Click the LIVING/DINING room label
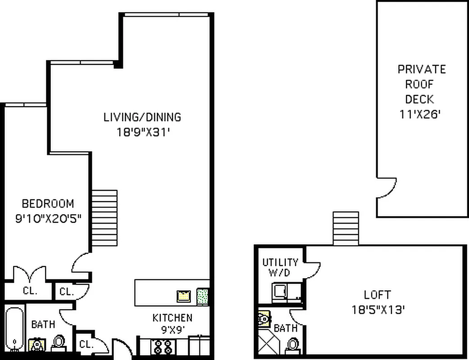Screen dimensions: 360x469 coord(142,117)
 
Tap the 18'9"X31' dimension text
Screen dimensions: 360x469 coord(142,133)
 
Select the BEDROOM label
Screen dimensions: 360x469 coord(48,203)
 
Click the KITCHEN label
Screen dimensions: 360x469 coord(172,318)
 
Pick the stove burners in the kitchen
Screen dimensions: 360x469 coord(162,347)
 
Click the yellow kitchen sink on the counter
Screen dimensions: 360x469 coord(184,296)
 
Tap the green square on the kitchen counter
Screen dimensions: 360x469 coord(203,296)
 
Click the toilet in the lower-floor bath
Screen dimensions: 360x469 coord(59,343)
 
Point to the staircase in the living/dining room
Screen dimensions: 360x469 coord(104,218)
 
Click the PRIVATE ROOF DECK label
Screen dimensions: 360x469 coord(422,84)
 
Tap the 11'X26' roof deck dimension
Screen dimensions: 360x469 coord(419,114)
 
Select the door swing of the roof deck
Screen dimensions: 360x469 coord(387,188)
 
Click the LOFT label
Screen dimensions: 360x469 coord(377,295)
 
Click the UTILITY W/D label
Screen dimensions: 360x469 coord(280,267)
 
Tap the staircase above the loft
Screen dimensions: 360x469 coord(346,228)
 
